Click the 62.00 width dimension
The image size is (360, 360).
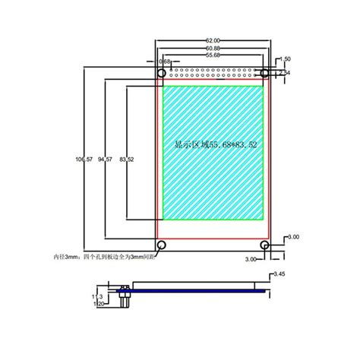(x=213, y=40)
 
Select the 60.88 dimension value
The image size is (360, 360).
(x=213, y=48)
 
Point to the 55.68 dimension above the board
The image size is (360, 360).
(x=213, y=55)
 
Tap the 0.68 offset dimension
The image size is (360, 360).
(x=164, y=62)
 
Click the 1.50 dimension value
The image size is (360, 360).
(x=286, y=58)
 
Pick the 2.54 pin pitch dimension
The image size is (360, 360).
(x=286, y=72)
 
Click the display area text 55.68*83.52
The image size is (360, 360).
(x=213, y=143)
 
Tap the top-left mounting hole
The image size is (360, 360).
(x=162, y=73)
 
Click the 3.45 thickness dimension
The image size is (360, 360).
(x=278, y=273)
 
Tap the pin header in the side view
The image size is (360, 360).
(x=123, y=298)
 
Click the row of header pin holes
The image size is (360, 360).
(x=213, y=74)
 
